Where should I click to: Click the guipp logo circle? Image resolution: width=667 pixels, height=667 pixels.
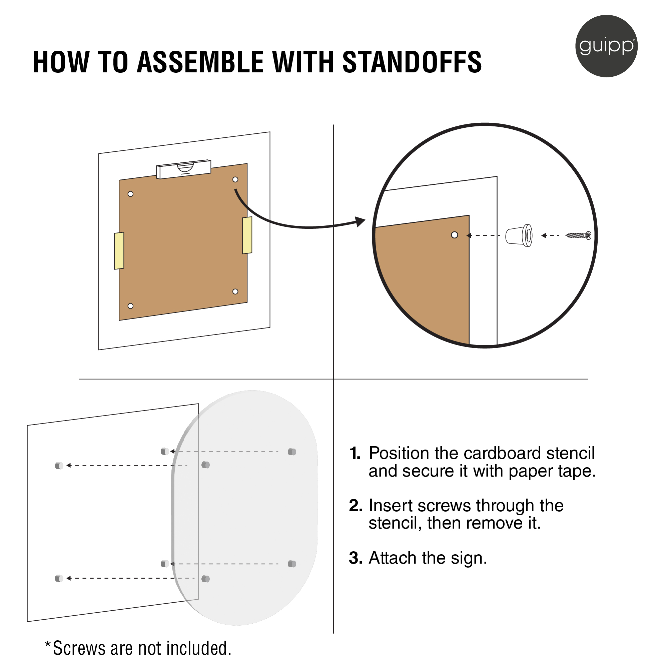pos(606,46)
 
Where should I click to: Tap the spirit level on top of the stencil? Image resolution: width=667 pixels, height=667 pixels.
pos(184,169)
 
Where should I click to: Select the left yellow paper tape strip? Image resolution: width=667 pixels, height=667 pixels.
pos(119,251)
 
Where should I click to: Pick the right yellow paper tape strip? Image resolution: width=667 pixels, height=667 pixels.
pos(247,235)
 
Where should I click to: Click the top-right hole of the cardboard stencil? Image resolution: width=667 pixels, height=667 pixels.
pos(235,179)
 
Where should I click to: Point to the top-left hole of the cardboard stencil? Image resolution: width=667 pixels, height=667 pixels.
pos(130,194)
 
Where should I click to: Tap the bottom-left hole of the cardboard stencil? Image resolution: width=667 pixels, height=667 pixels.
pos(130,306)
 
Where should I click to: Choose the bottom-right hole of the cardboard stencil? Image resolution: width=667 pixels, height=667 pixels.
pos(235,291)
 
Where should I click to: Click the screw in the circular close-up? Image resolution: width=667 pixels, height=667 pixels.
pos(579,235)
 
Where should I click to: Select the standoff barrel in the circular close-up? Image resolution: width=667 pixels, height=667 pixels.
pos(519,235)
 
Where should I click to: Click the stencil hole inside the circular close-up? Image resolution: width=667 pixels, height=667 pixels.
pos(455,235)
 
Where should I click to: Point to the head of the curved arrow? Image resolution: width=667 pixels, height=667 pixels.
pos(361,221)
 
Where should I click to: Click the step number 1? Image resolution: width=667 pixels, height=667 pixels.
pos(355,453)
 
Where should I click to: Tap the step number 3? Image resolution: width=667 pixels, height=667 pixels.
pos(356,558)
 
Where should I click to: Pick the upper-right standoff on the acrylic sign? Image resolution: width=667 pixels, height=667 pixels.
pos(292,452)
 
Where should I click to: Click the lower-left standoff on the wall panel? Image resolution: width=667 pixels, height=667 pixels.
pos(59,578)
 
